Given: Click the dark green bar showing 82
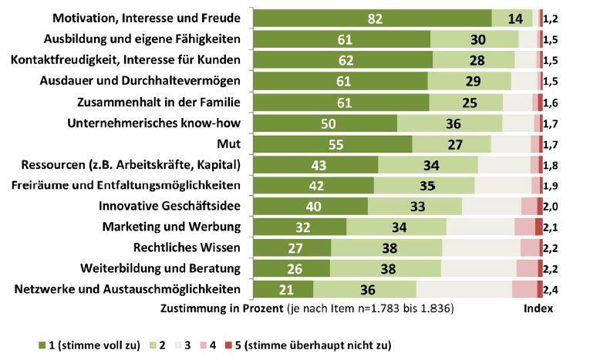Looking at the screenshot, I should click(x=373, y=19).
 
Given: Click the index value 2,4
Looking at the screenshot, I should click(x=551, y=290).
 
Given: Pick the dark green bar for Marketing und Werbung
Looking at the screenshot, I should click(x=300, y=227).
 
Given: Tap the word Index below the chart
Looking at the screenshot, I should click(x=537, y=308).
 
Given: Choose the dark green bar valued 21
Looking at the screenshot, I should click(x=283, y=290).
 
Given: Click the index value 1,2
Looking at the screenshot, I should click(x=551, y=19).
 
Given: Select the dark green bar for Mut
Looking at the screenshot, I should click(x=333, y=144).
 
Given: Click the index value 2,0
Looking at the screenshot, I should click(x=551, y=206).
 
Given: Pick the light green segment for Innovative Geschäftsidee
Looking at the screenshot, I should click(x=414, y=206).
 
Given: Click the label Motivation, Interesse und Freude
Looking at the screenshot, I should click(x=146, y=19).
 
